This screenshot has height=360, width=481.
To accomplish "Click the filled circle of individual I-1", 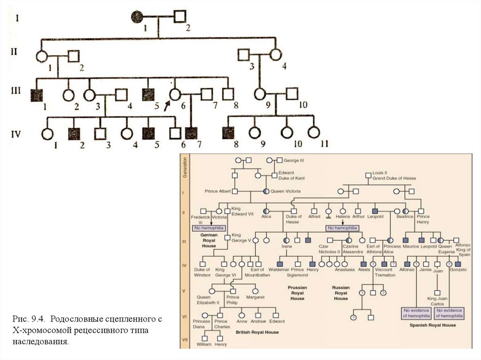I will [x=137, y=18].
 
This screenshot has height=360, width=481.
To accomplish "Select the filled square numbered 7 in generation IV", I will [x=190, y=133].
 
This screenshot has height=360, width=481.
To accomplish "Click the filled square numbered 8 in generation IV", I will [x=229, y=133].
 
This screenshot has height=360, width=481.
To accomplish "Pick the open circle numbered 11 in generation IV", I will [x=313, y=134].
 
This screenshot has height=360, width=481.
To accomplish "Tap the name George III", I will [x=295, y=160].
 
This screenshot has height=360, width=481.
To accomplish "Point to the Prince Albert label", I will [x=217, y=191].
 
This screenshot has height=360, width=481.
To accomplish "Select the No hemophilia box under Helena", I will [x=342, y=228].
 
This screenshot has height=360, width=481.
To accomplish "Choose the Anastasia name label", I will [x=346, y=270].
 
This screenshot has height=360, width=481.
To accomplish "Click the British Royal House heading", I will [x=257, y=332].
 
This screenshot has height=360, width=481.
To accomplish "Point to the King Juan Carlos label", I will [x=438, y=301].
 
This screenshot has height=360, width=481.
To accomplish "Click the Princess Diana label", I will [x=202, y=324].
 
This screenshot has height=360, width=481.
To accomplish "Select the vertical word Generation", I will [x=185, y=167].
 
